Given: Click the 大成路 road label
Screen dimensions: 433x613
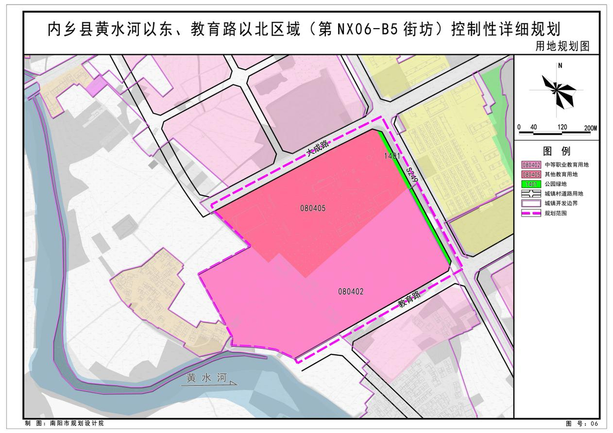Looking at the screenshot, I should [x=317, y=149].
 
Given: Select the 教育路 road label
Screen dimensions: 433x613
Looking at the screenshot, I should [x=409, y=302].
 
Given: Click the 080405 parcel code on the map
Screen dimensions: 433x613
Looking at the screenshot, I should [x=313, y=208].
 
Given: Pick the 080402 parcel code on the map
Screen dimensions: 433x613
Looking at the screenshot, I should [x=350, y=292].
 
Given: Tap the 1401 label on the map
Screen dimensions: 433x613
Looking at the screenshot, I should [x=392, y=155].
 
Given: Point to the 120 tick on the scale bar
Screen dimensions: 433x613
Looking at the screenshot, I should [x=562, y=127].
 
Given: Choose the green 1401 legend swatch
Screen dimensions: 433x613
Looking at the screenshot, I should [x=531, y=184].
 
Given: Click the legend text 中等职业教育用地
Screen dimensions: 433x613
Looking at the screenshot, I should [x=567, y=165].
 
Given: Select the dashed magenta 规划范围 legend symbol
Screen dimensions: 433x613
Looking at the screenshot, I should [x=531, y=213].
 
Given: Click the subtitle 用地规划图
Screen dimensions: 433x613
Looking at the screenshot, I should [x=562, y=46].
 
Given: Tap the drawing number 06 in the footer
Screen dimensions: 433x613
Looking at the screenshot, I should [x=594, y=424].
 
